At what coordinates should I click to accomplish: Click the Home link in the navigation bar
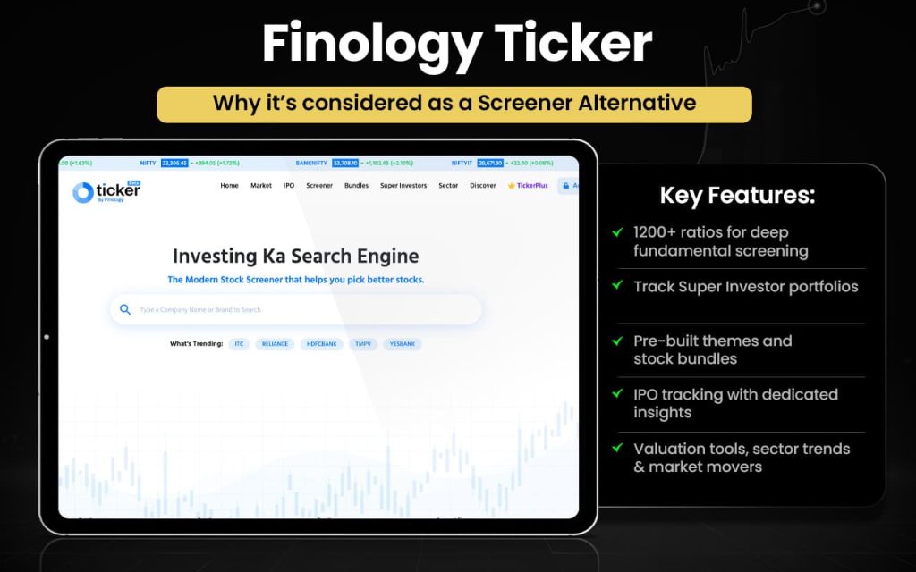229,186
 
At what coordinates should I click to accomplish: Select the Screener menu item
319,186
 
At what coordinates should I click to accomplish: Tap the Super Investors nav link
403,186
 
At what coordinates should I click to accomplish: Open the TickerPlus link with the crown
528,186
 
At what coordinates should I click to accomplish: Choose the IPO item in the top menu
289,186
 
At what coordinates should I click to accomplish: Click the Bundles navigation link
356,186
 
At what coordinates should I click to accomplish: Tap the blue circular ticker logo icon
82,192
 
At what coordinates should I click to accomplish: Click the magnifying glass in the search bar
125,309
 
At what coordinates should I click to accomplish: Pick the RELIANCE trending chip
275,344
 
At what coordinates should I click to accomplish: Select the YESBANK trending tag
403,344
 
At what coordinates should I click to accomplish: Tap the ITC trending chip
239,344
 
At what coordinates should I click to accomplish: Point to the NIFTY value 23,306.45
174,164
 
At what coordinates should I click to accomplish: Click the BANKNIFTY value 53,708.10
345,164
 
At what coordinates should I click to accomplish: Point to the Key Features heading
737,196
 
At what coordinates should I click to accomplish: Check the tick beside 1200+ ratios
617,232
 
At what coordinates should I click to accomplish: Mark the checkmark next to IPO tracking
617,393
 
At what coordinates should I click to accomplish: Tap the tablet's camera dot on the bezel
47,337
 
